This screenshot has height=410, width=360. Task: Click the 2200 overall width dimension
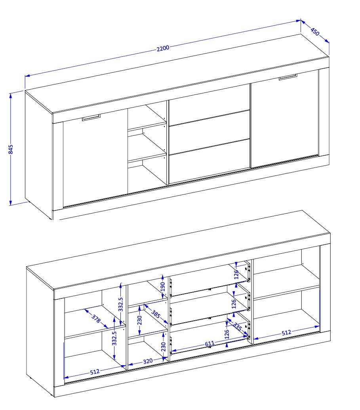[x=163, y=48]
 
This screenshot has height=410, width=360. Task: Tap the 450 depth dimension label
[x=315, y=32]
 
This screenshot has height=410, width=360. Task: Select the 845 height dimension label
[x=11, y=149]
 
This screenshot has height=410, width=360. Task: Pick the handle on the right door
[x=288, y=77]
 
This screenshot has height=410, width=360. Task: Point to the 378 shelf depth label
[x=96, y=318]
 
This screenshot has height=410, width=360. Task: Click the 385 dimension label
[x=156, y=314]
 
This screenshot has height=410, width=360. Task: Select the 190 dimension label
[x=163, y=287]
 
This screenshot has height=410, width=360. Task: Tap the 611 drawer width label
[x=210, y=343]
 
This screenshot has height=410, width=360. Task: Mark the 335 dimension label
[x=237, y=326]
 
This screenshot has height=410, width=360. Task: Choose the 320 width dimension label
[x=148, y=361]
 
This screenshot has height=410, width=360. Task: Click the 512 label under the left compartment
[x=94, y=372]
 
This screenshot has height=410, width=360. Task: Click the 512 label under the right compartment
[x=286, y=333]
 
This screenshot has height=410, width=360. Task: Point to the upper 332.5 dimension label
[x=120, y=304]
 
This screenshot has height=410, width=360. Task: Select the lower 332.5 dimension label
[x=114, y=338]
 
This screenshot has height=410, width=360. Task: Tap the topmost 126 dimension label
[x=236, y=275]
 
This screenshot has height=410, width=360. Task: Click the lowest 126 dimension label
[x=227, y=334]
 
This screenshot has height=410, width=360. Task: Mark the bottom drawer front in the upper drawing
[x=210, y=162]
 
